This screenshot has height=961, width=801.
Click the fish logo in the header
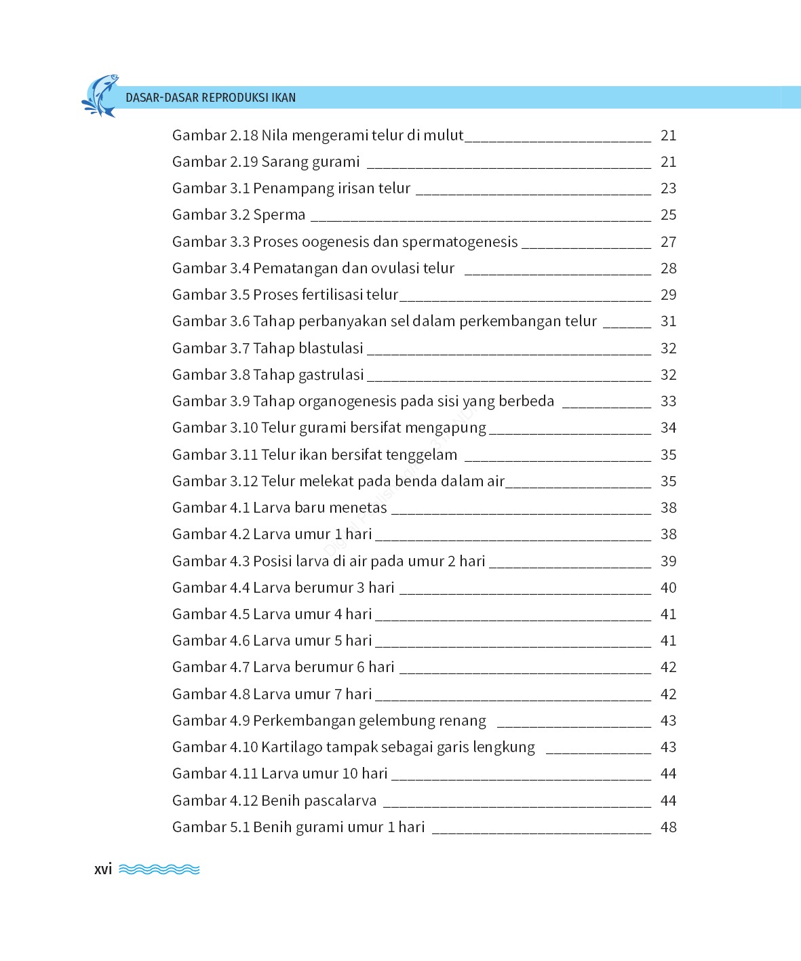(100, 96)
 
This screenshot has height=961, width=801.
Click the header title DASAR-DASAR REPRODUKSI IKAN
(210, 98)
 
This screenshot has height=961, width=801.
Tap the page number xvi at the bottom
(103, 869)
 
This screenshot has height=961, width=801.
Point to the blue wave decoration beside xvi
(159, 869)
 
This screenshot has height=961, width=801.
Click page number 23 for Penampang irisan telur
(668, 189)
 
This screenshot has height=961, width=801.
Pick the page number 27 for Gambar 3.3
(668, 242)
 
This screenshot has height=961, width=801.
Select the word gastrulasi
(332, 375)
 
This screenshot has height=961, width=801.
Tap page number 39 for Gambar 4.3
(668, 562)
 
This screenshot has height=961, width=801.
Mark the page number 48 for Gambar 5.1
(668, 827)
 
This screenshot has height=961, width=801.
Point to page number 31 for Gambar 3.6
(668, 321)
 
